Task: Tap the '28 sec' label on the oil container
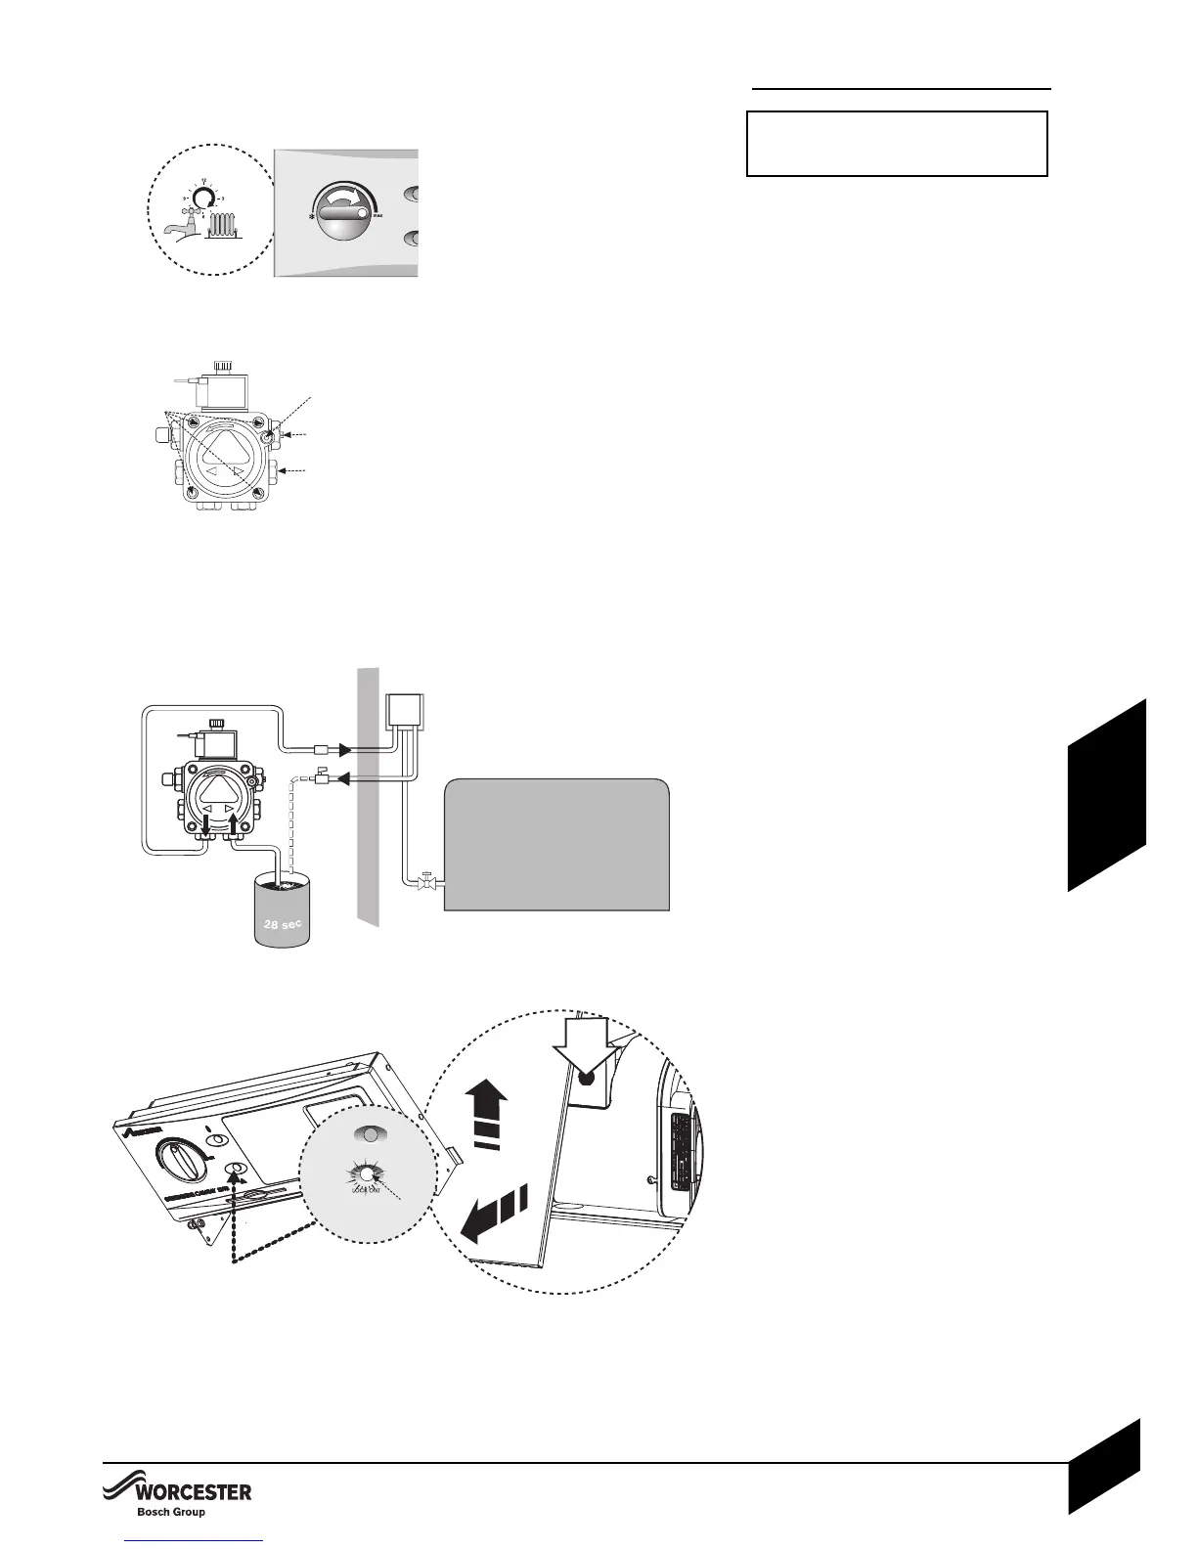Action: (x=282, y=921)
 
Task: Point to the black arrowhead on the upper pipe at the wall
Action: (x=344, y=751)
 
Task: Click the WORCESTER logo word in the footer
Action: (x=192, y=1492)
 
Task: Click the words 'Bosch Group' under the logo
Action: (x=169, y=1512)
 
